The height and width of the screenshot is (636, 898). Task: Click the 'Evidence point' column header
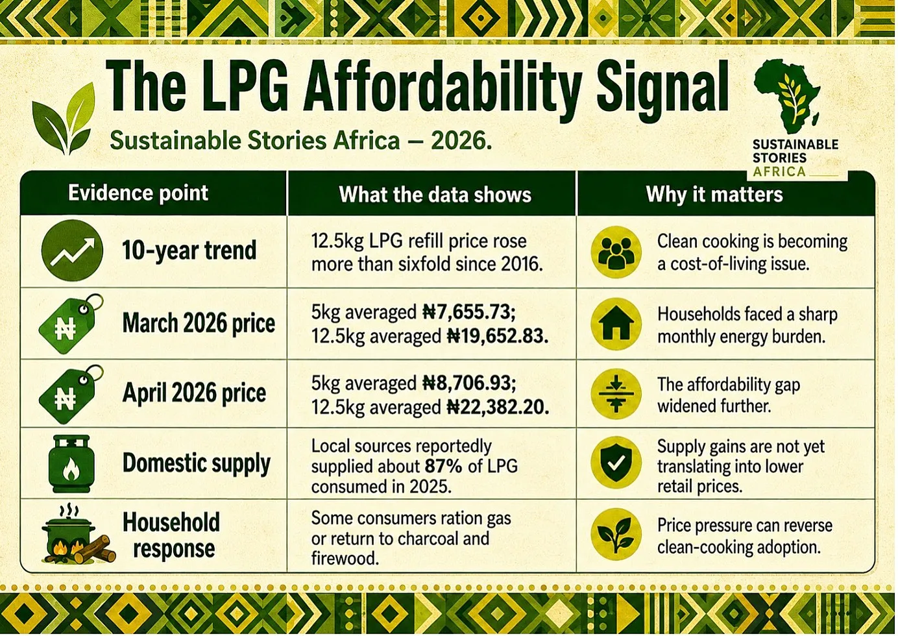(x=138, y=193)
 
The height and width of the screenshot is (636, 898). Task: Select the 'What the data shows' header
(x=435, y=195)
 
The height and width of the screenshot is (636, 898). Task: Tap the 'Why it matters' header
(x=714, y=195)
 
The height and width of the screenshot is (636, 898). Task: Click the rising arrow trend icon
(x=72, y=251)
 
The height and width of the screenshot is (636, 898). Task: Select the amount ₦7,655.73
(x=469, y=312)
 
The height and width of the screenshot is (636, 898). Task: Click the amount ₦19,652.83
(x=498, y=336)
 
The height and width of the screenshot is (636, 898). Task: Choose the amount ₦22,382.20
(x=498, y=407)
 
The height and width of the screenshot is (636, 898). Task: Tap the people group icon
(x=616, y=252)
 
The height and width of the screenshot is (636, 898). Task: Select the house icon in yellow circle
(x=616, y=324)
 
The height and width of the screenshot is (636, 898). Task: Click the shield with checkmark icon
(x=616, y=463)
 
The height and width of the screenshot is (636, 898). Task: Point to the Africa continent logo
(x=786, y=96)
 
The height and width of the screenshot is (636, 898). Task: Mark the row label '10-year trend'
(x=189, y=251)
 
